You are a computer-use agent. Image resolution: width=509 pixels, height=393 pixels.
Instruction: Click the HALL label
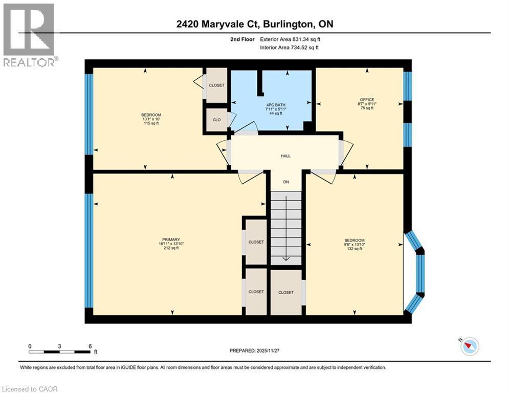(x=285, y=157)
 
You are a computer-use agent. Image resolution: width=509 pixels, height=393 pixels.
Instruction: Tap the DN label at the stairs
(x=286, y=182)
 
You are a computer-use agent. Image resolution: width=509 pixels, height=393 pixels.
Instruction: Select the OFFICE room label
(x=367, y=100)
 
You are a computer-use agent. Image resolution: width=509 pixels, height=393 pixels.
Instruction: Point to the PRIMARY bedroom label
(x=171, y=239)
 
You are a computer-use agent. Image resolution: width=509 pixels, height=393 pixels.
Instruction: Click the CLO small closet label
(x=216, y=120)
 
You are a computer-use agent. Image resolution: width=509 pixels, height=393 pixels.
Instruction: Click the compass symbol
(x=469, y=346)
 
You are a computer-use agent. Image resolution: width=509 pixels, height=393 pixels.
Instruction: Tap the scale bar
(x=60, y=352)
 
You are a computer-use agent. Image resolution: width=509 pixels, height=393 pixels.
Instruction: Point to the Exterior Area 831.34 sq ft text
(x=290, y=39)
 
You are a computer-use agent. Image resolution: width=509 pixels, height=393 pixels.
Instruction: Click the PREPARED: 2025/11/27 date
(x=254, y=351)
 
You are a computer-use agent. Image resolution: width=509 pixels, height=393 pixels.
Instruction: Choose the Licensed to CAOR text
(x=30, y=389)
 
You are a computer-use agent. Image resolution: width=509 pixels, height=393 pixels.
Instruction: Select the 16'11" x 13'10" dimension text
(x=171, y=244)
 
